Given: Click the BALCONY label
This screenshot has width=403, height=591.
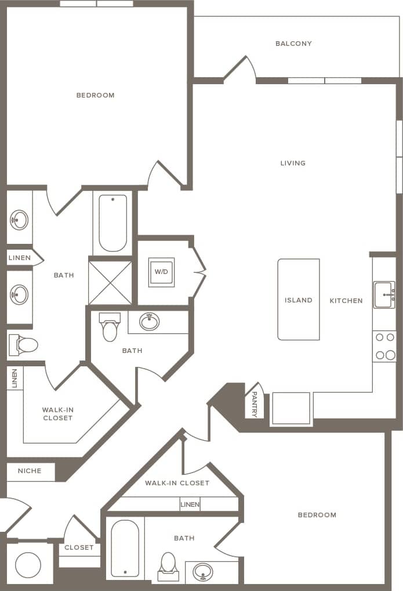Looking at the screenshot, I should click(293, 44).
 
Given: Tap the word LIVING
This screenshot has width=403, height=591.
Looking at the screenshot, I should click(293, 163).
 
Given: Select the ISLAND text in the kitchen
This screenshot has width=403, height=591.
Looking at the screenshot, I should click(299, 300).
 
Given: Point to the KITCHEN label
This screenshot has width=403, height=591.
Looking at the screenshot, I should click(346, 301).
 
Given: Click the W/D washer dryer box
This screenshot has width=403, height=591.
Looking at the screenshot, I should click(161, 272).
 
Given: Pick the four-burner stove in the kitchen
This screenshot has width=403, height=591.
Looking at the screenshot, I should click(384, 346).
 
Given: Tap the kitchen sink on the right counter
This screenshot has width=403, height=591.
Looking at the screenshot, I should click(384, 295).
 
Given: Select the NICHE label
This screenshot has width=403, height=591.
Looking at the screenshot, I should click(30, 471).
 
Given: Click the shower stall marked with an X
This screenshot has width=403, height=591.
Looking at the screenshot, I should click(110, 282).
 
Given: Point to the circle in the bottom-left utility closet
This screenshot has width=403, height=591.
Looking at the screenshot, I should click(28, 564).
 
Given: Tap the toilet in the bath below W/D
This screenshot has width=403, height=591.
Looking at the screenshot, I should click(110, 329).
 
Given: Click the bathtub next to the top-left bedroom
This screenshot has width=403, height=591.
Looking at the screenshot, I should click(112, 223).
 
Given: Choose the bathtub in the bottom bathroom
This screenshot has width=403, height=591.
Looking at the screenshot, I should click(125, 549).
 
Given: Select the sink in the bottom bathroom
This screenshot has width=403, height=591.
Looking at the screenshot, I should click(203, 572).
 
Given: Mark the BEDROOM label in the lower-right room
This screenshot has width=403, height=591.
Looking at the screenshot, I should click(317, 515).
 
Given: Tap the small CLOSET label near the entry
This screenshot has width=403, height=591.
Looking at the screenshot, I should click(79, 547).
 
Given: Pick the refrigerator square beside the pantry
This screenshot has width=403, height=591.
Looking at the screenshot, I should click(291, 408).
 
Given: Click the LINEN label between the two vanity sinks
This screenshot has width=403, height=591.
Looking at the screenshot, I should click(20, 258).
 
